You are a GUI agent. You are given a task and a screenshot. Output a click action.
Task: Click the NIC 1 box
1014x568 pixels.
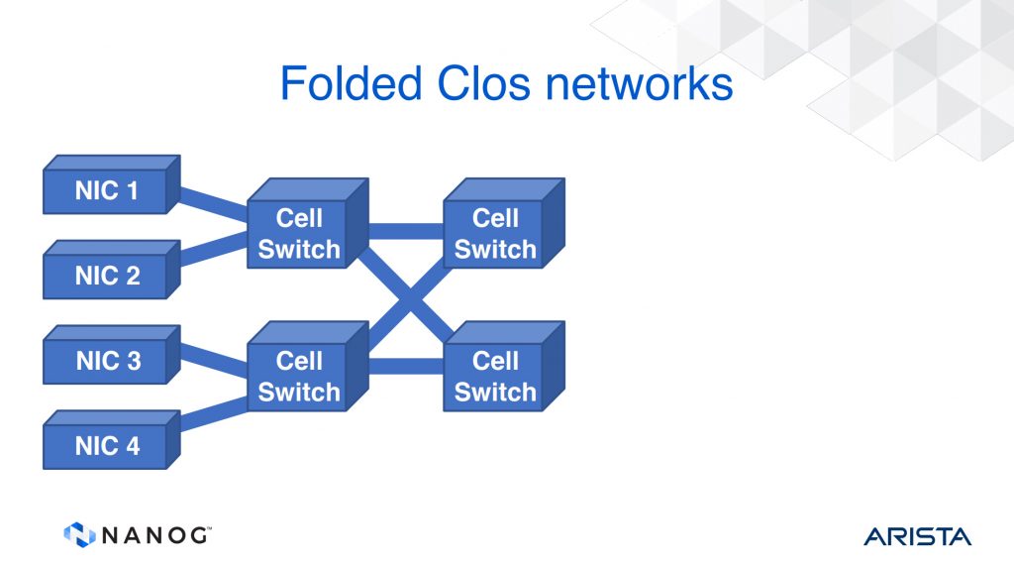click(x=111, y=184)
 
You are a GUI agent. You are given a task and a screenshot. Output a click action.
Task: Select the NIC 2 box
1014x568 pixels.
click(x=111, y=270)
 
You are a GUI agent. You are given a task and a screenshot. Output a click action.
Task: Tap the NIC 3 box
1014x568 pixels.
click(x=111, y=355)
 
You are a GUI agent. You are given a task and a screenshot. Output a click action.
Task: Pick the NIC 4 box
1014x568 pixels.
click(x=111, y=440)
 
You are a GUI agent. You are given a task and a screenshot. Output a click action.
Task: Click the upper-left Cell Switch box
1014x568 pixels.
click(x=308, y=223)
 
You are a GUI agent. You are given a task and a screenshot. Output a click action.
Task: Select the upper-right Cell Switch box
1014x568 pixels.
click(x=504, y=223)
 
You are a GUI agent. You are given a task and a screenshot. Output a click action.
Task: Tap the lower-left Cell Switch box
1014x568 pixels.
click(x=308, y=366)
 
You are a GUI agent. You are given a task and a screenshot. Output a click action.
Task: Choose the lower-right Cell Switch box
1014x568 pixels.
click(x=504, y=366)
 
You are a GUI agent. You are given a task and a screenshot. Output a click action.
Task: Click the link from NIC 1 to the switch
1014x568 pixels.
click(x=214, y=203)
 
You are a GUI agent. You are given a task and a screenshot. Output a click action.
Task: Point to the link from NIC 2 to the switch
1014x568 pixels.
click(x=214, y=248)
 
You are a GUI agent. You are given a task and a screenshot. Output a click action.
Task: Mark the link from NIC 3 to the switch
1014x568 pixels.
click(x=214, y=360)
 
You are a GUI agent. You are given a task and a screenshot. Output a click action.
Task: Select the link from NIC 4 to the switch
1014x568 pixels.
click(x=214, y=413)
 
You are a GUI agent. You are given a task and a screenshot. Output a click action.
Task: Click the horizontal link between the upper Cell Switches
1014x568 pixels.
click(x=406, y=231)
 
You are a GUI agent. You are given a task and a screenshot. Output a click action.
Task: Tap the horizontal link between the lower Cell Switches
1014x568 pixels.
click(x=406, y=367)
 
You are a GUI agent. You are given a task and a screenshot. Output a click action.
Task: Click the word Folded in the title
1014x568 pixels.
click(x=352, y=83)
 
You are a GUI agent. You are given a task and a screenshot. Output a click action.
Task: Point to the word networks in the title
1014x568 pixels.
click(x=640, y=83)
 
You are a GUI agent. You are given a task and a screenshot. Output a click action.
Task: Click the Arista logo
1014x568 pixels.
click(x=917, y=537)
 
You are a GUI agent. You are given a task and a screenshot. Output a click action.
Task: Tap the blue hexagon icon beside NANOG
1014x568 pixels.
click(x=79, y=535)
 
